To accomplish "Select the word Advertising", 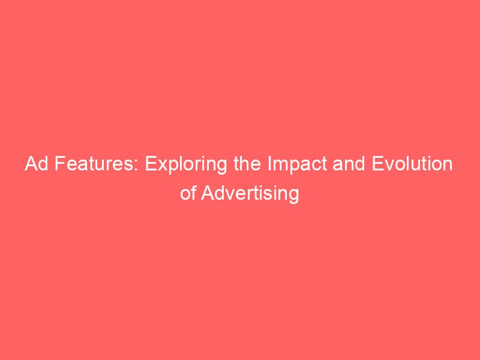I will pos(251,194).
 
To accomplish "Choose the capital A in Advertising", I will pos(208,193).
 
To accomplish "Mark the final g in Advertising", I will pos(293,196).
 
